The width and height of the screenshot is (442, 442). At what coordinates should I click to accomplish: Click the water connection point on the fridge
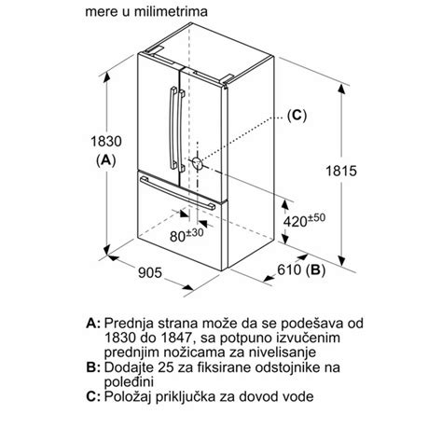point(198,162)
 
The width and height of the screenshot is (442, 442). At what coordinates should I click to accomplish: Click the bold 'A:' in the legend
point(93,322)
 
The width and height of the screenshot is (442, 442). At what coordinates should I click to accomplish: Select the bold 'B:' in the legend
point(93,370)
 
